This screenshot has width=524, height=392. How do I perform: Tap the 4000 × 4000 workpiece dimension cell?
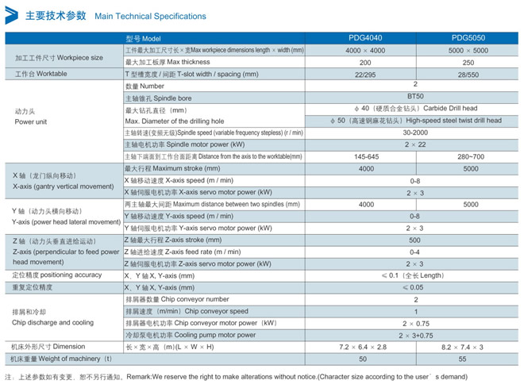[x=364, y=50]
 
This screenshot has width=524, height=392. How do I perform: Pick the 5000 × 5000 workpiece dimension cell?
[x=468, y=50]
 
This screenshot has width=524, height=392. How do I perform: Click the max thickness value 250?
[x=468, y=62]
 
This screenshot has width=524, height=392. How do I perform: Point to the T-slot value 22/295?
[x=364, y=74]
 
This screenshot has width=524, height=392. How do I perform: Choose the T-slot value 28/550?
[x=468, y=74]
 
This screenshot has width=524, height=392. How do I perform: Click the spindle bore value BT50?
[x=416, y=97]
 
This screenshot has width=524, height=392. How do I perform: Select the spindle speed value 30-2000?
[x=416, y=133]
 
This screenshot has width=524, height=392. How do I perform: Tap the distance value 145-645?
[x=364, y=157]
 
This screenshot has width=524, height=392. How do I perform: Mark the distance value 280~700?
[x=468, y=157]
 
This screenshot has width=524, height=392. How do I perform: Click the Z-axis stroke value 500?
[x=416, y=240]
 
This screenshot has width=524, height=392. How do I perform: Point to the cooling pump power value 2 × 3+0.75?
[x=416, y=335]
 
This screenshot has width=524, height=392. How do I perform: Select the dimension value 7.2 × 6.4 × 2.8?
[x=364, y=347]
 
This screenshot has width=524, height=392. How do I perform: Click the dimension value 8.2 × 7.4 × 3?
[x=468, y=347]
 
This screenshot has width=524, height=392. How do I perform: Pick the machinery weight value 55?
[x=468, y=359]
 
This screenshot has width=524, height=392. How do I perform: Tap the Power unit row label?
[x=31, y=121]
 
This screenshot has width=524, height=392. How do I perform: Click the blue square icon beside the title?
[x=13, y=15]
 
